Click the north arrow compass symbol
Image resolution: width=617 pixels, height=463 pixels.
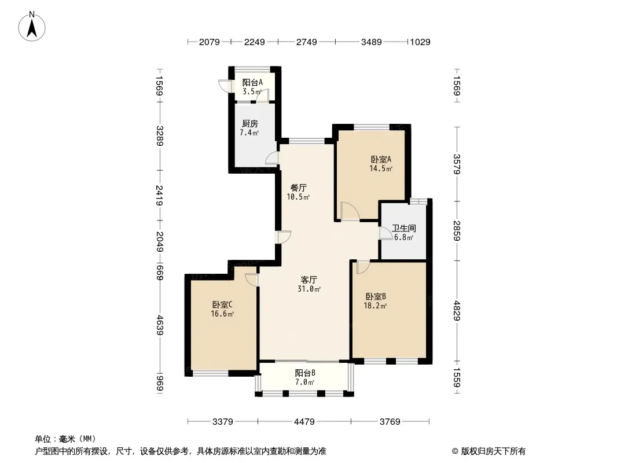(x=32, y=27)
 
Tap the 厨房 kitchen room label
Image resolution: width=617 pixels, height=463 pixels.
(x=250, y=123)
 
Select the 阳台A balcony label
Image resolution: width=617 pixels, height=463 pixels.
(x=252, y=83)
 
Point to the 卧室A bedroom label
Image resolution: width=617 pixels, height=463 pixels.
(x=381, y=159)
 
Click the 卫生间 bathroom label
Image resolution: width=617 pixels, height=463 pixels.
(x=404, y=228)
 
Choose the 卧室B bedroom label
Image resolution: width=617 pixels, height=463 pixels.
(x=376, y=296)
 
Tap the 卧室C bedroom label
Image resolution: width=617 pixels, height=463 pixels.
(x=222, y=304)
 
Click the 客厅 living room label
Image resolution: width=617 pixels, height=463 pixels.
(x=309, y=280)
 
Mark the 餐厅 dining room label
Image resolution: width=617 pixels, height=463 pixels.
(x=298, y=188)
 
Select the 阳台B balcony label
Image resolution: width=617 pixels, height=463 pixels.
(x=305, y=373)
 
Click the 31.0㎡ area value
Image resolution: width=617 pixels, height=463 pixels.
(x=309, y=289)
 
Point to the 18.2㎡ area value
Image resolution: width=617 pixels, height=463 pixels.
(x=376, y=306)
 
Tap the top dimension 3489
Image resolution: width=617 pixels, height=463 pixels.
(x=372, y=42)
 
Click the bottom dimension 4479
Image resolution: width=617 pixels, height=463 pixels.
(x=304, y=422)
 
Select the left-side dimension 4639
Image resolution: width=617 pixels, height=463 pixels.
(x=159, y=325)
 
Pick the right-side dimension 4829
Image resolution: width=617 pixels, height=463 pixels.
(x=457, y=311)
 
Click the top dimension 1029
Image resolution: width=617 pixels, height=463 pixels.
(x=420, y=42)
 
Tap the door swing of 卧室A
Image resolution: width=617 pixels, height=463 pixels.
(x=350, y=211)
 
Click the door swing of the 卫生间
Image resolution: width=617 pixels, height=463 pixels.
(x=383, y=234)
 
